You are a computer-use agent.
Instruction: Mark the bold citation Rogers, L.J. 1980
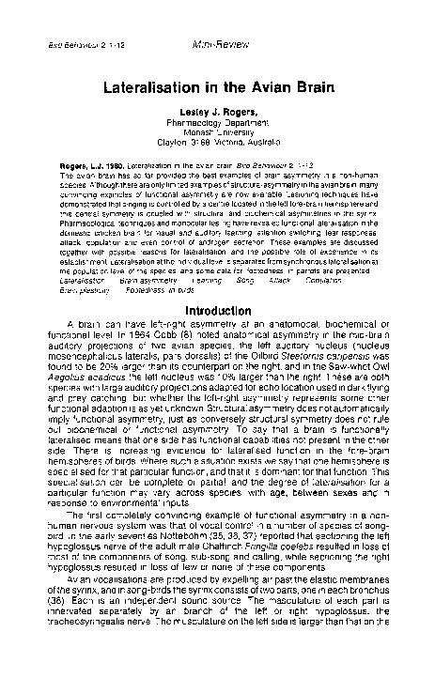pyautogui.click(x=93, y=164)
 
